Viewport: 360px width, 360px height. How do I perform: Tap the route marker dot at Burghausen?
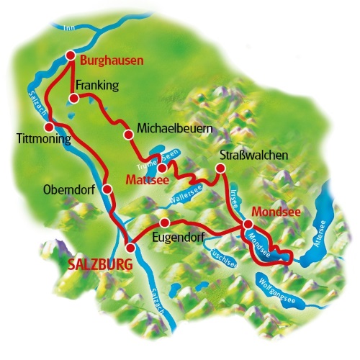[x=71, y=55]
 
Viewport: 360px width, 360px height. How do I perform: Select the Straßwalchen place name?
[x=254, y=156]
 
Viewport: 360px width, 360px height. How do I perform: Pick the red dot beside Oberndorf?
[x=107, y=189]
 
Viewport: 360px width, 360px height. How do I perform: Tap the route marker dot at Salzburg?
[x=130, y=248]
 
